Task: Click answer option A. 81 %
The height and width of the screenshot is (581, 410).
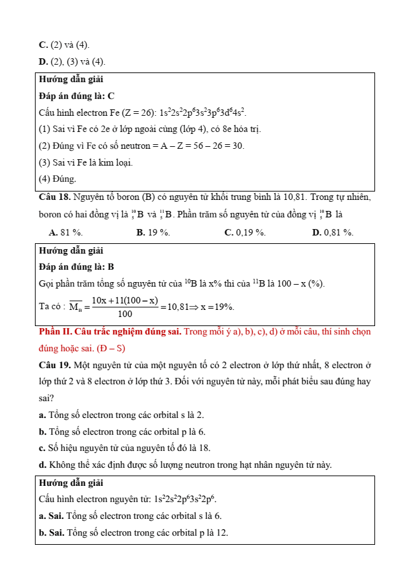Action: tap(65, 232)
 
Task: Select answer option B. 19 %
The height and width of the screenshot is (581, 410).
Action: tap(153, 232)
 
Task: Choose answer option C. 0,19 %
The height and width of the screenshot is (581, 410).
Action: tap(244, 232)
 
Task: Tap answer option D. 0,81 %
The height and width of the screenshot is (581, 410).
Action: tap(332, 232)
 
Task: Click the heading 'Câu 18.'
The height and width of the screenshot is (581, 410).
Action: tap(54, 196)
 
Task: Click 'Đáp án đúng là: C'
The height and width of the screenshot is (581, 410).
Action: tap(76, 96)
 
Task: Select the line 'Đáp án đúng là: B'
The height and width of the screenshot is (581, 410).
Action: tap(76, 267)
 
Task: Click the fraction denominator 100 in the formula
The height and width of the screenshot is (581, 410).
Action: tap(125, 314)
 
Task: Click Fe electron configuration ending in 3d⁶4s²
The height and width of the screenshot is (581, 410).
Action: tap(203, 113)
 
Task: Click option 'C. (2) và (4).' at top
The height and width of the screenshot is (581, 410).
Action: tap(64, 45)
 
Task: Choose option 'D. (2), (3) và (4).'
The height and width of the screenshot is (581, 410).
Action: tap(72, 61)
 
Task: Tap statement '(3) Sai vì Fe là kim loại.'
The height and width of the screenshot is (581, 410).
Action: tap(85, 162)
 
